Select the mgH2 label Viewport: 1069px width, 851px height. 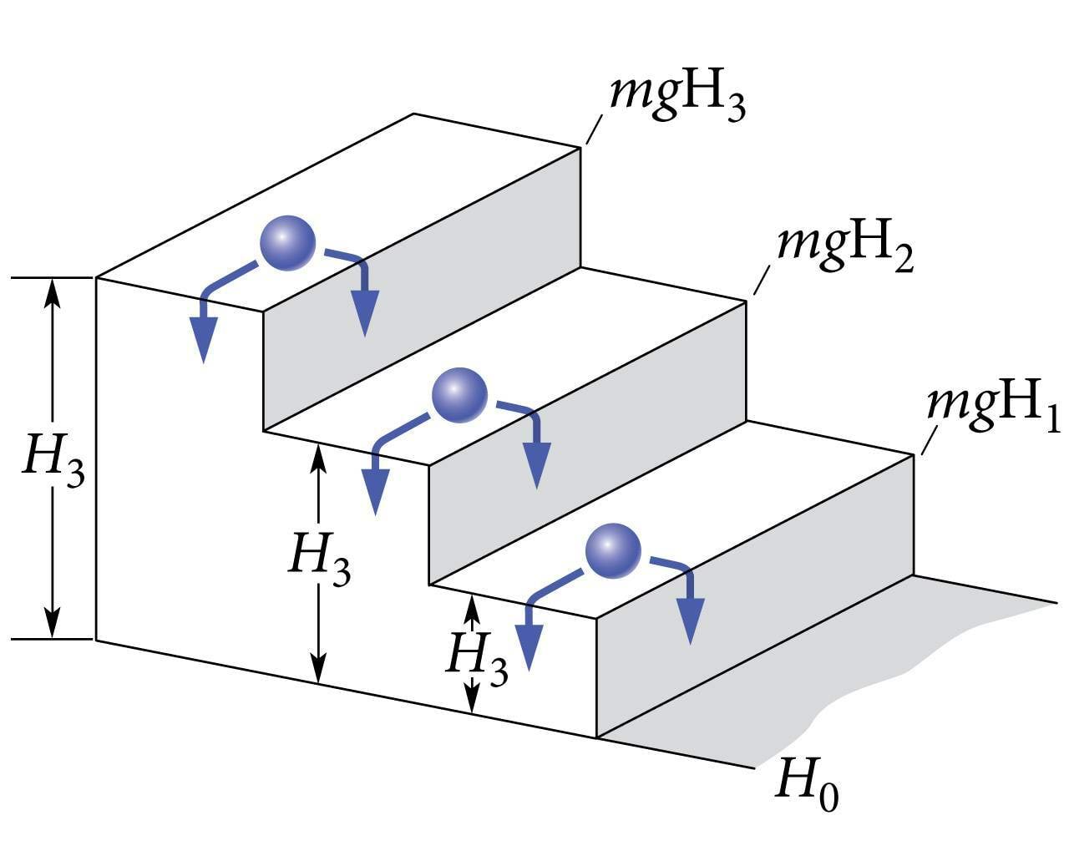point(844,247)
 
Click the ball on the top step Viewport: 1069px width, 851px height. point(287,242)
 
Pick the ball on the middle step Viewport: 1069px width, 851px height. point(459,393)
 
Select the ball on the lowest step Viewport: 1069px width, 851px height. point(613,551)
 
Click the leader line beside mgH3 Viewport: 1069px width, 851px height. point(594,129)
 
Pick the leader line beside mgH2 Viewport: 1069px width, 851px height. point(762,280)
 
